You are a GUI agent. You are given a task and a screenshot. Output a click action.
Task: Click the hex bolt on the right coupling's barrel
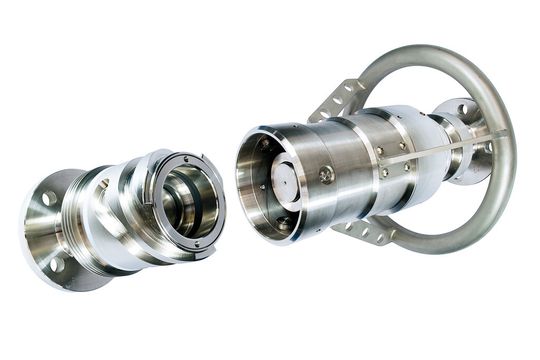click(326, 175)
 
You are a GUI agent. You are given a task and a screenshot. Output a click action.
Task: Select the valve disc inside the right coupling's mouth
click(281, 186)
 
